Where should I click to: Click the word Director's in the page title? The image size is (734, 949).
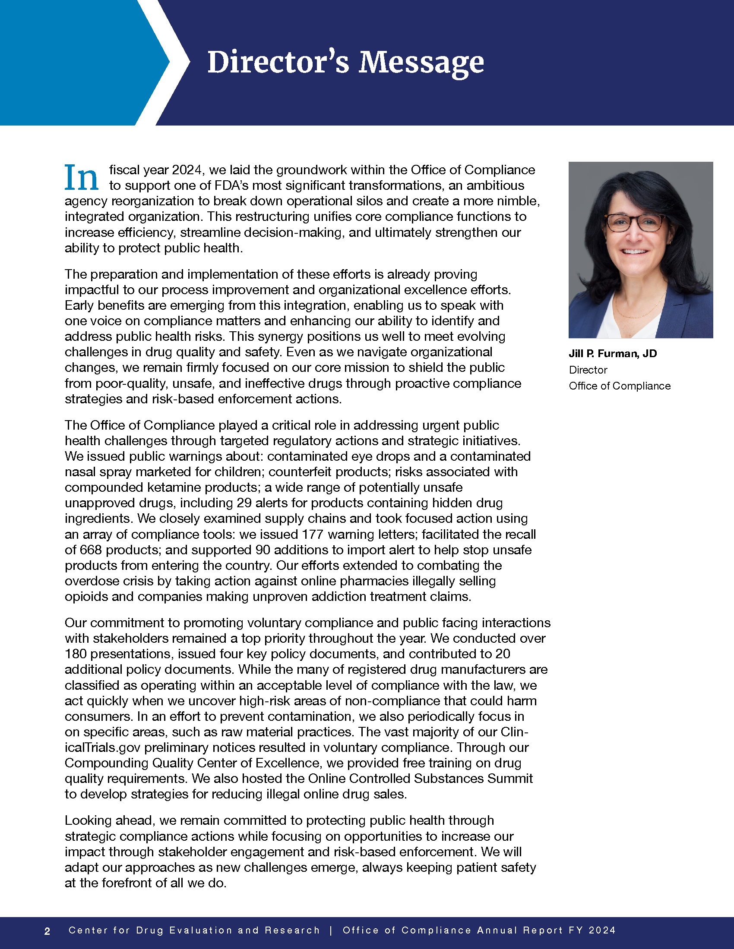tap(278, 63)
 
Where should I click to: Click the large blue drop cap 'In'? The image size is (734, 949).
tap(81, 178)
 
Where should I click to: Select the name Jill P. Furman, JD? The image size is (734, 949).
tap(613, 354)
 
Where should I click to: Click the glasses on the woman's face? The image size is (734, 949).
tap(635, 223)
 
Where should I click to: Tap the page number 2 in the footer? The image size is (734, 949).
tap(47, 931)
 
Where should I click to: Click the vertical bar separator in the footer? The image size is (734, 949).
tap(331, 930)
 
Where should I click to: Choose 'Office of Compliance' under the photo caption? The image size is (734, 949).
tap(620, 386)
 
